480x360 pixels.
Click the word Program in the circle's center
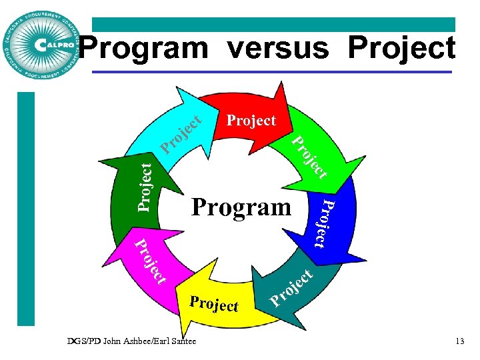coord(241,207)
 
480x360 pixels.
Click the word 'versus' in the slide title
coord(278,49)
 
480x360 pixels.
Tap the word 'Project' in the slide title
coord(402,49)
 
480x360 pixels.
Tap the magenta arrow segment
coord(151,263)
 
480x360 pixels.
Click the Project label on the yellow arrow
coord(214,304)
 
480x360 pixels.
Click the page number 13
coord(459,341)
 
